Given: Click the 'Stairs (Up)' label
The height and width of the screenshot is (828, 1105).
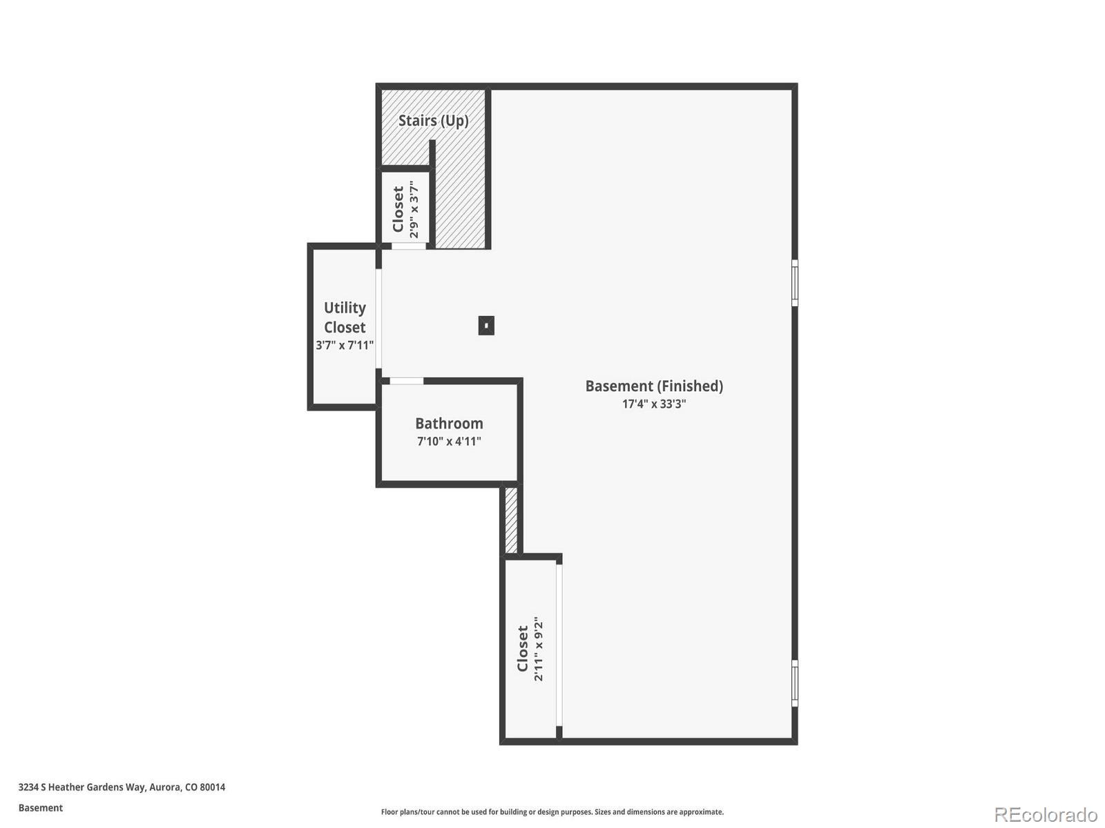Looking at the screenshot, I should [433, 121].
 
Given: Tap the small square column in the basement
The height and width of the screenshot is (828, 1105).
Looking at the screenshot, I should [486, 325].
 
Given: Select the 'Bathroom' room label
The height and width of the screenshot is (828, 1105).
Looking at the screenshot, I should [449, 424].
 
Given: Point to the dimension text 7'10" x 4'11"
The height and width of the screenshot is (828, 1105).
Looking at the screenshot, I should [449, 442].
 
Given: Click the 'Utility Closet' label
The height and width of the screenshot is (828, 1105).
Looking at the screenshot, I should [345, 317].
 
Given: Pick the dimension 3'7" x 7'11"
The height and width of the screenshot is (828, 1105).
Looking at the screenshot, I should [345, 345].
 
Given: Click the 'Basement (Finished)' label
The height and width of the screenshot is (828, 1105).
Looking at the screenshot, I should [654, 386].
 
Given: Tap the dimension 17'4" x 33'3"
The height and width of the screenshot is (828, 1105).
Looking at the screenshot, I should [654, 404].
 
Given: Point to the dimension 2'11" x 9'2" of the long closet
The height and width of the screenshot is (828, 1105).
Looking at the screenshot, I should [539, 649].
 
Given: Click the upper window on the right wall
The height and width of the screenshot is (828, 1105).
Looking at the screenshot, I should [795, 283].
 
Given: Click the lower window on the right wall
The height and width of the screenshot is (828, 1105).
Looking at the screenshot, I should [795, 683].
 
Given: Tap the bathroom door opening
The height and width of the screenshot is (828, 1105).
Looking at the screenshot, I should [407, 381].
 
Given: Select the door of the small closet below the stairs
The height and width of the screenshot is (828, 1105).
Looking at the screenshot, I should [409, 246].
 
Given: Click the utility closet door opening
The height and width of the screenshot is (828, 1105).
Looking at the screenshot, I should [378, 319].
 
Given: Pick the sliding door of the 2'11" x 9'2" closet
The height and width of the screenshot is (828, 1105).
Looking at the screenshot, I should [559, 645].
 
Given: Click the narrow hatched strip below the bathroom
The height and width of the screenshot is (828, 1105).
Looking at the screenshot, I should [511, 520].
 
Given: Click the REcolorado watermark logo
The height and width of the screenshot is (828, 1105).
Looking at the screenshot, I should [1045, 815].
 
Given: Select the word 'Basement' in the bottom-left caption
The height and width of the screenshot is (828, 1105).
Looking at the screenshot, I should [41, 808].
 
